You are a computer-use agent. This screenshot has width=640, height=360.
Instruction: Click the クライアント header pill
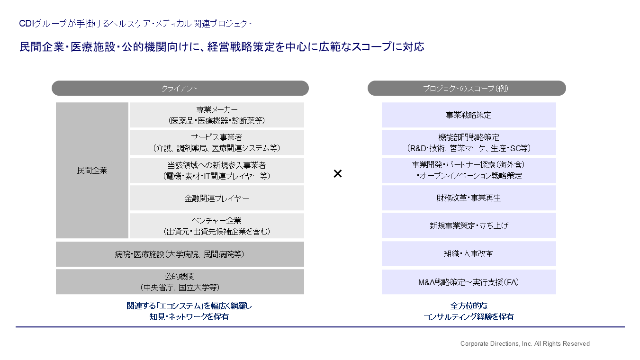pyautogui.click(x=180, y=88)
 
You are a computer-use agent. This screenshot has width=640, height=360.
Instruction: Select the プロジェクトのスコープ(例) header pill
pyautogui.click(x=467, y=88)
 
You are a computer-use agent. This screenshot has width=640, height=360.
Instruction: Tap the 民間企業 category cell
pyautogui.click(x=92, y=170)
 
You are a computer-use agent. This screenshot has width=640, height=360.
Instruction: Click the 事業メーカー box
pyautogui.click(x=217, y=115)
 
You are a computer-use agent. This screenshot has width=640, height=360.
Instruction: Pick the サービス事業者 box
pyautogui.click(x=217, y=143)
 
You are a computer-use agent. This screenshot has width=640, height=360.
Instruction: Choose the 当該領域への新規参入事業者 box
pyautogui.click(x=217, y=170)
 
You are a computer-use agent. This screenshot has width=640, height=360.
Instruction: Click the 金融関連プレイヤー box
pyautogui.click(x=217, y=198)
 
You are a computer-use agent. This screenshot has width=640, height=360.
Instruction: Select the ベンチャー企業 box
pyautogui.click(x=217, y=226)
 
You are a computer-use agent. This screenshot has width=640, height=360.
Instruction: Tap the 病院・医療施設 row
pyautogui.click(x=180, y=254)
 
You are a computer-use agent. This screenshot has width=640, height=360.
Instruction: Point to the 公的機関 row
pyautogui.click(x=180, y=282)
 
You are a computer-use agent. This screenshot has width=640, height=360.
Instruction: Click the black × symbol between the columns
pyautogui.click(x=338, y=173)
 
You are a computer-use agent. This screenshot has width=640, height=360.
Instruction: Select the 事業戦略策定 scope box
pyautogui.click(x=469, y=115)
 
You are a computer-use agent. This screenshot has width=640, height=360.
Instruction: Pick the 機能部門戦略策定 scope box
pyautogui.click(x=469, y=143)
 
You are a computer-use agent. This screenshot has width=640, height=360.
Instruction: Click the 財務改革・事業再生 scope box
pyautogui.click(x=469, y=198)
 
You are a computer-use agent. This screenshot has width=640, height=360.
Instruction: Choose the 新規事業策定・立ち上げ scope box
pyautogui.click(x=469, y=225)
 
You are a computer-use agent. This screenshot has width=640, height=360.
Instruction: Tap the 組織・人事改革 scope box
pyautogui.click(x=469, y=253)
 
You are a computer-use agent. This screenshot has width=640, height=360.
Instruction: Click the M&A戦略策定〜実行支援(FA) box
pyautogui.click(x=469, y=282)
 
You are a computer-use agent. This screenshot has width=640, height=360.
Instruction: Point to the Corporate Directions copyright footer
pyautogui.click(x=525, y=344)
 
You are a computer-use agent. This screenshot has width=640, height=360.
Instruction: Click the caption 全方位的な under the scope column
pyautogui.click(x=469, y=306)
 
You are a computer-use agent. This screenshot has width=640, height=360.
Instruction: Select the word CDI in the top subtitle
pyautogui.click(x=27, y=23)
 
